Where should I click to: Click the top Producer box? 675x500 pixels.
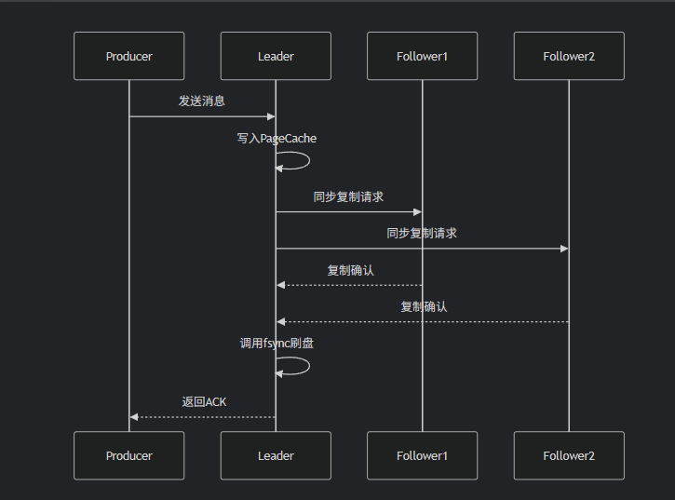(129, 56)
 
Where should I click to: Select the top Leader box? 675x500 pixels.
(276, 56)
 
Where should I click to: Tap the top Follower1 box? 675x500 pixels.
(422, 56)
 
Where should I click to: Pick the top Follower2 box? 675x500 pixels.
(569, 56)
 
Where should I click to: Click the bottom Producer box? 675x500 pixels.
(129, 455)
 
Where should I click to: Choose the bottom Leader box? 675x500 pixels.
(276, 455)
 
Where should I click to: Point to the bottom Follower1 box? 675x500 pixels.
(422, 455)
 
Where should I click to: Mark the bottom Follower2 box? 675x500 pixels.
(569, 455)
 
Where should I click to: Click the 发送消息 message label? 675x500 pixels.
(202, 101)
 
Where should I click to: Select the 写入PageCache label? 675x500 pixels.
(277, 138)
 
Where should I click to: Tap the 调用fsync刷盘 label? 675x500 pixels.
(277, 343)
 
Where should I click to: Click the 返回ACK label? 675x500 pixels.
(204, 401)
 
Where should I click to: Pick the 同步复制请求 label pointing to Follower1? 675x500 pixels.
(349, 196)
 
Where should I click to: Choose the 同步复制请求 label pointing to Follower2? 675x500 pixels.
(422, 233)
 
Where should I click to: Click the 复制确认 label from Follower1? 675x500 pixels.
(350, 270)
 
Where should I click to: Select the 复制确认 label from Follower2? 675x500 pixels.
(424, 306)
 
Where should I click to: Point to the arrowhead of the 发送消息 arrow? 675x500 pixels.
(271, 116)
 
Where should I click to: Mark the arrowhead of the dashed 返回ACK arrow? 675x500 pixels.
(134, 416)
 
